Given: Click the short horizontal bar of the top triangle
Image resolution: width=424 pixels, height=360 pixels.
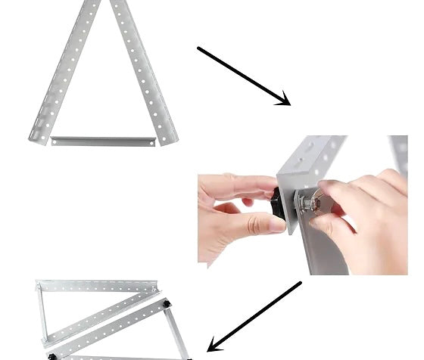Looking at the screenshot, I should pos(102,140).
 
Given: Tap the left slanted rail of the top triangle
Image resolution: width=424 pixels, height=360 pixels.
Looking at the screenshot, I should pos(64,72).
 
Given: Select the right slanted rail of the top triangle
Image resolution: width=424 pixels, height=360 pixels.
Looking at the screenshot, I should pos(144,72).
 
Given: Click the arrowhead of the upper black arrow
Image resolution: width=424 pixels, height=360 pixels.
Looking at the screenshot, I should pos(284,100).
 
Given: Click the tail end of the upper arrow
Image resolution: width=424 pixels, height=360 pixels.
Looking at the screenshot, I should pos(200,49).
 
